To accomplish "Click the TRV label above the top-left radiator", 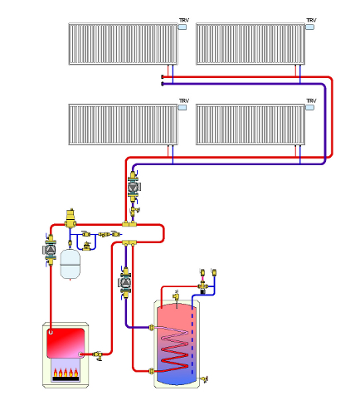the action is [x=184, y=20].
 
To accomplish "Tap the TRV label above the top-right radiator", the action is [x=311, y=20].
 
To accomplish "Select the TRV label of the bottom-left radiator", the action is [x=184, y=100].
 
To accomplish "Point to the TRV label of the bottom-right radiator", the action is [x=311, y=100].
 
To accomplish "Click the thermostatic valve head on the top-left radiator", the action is [x=182, y=27].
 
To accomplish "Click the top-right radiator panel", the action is [x=251, y=44].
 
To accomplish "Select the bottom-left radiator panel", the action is [x=123, y=124].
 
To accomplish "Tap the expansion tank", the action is [x=71, y=264].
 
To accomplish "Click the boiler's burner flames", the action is [x=66, y=373].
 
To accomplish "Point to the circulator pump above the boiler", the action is [x=51, y=250].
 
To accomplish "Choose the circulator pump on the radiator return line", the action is [x=134, y=187].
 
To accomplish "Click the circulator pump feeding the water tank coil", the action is [x=125, y=282].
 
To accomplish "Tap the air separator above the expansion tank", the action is [x=71, y=218].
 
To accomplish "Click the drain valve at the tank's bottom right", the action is [x=204, y=378].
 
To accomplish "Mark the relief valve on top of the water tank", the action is [x=176, y=296].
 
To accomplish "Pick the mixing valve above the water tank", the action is [x=203, y=286].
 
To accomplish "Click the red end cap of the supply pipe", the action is [x=163, y=76].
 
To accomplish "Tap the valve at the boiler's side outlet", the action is [x=98, y=355].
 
